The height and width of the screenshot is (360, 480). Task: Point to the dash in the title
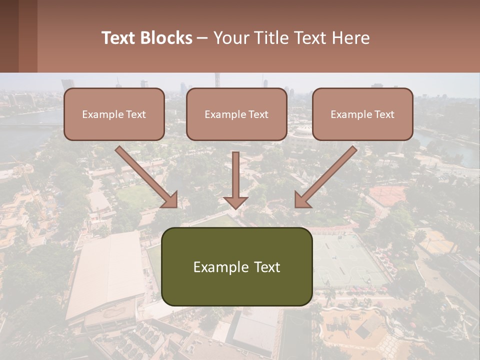[x=202, y=38]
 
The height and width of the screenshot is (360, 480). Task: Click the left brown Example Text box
[x=114, y=114]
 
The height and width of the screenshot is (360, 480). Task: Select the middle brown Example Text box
[x=236, y=114]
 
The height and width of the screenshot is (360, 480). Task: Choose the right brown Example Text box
[x=362, y=114]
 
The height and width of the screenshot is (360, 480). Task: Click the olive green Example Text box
[x=236, y=266]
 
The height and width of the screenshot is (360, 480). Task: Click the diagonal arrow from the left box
[x=147, y=177]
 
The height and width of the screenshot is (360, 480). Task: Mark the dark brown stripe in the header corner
[x=9, y=36]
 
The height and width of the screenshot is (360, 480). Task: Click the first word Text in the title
[x=119, y=38]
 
